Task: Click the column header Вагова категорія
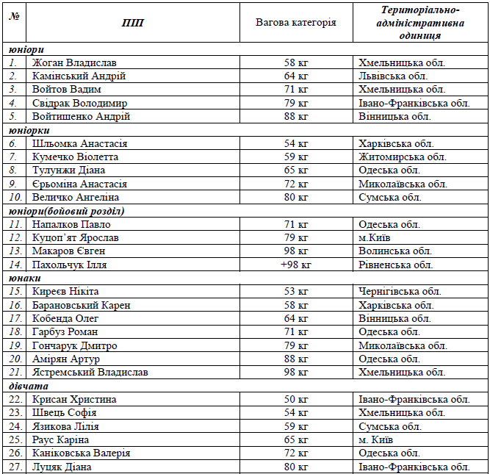[295, 22]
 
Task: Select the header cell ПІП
[133, 23]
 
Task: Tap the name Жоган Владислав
[74, 63]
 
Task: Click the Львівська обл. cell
[393, 76]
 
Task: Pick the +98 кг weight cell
[295, 265]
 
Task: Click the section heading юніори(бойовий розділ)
[67, 211]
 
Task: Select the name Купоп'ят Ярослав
[75, 238]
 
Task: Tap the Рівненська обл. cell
[395, 265]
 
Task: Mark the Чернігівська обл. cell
[400, 292]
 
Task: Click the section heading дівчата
[29, 386]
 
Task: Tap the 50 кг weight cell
[295, 400]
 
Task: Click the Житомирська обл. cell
[402, 157]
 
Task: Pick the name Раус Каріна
[60, 440]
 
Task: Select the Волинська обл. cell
[394, 251]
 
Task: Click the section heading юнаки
[25, 279]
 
